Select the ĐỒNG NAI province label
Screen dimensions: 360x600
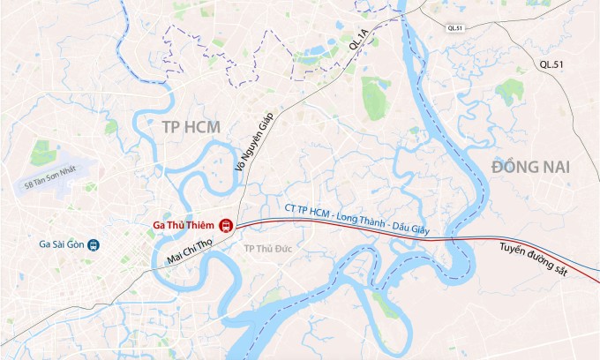[x=531, y=166]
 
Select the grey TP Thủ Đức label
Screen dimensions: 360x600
[x=266, y=248]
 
